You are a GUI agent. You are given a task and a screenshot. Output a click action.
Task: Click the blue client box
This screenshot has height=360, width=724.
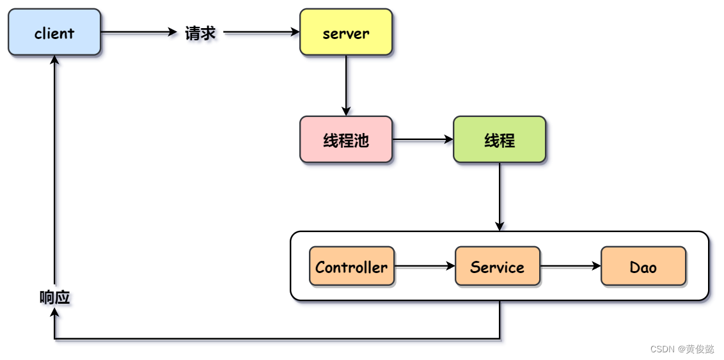tap(54, 33)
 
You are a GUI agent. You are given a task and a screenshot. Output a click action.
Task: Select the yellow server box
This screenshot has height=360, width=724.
tap(346, 33)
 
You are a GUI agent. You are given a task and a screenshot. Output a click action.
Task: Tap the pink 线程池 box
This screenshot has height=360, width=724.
tap(346, 140)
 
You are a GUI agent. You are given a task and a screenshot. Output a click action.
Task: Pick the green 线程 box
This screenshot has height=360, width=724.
tap(500, 140)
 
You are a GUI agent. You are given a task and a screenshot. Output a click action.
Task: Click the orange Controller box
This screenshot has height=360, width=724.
tap(352, 267)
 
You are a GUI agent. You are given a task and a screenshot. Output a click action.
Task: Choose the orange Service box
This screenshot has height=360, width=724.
tap(498, 267)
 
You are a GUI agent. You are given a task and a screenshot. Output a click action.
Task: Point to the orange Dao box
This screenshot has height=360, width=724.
tap(643, 267)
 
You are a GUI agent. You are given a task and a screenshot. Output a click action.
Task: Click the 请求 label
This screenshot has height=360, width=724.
tap(200, 33)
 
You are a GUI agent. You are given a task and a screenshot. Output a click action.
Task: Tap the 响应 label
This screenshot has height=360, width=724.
tap(54, 297)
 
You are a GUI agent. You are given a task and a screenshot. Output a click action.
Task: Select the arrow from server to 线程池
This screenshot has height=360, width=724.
tap(346, 84)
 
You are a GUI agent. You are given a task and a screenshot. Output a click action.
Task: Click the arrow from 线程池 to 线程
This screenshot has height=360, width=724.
tap(422, 140)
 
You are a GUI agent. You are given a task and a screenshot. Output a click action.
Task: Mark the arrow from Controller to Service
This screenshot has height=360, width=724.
tap(425, 267)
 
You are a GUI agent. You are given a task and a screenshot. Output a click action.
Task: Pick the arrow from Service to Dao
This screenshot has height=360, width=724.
tap(571, 267)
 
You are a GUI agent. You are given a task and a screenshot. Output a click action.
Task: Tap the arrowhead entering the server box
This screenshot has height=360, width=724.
tap(295, 33)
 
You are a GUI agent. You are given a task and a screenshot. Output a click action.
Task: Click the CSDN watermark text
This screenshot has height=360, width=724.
tap(682, 349)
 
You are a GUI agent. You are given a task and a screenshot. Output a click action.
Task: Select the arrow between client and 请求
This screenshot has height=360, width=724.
tap(138, 33)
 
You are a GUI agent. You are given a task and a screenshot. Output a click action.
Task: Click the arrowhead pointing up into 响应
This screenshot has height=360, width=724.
tap(54, 313)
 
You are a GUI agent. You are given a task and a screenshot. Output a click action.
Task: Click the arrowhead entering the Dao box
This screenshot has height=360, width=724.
tap(596, 267)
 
